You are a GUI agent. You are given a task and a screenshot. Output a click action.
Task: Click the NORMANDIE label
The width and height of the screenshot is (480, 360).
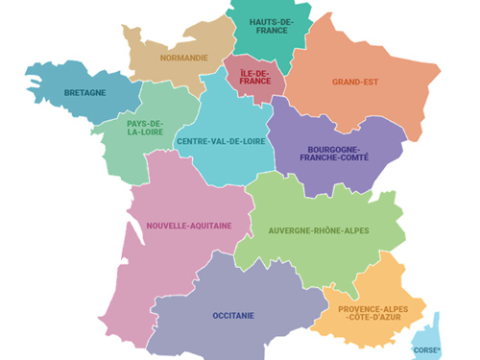(x=183, y=58)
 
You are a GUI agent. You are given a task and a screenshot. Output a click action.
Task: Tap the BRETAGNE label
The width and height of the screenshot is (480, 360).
(x=84, y=93)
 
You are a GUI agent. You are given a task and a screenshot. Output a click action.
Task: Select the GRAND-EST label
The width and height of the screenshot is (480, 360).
(x=356, y=82)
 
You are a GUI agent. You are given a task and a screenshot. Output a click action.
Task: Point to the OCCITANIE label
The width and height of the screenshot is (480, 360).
(x=233, y=315)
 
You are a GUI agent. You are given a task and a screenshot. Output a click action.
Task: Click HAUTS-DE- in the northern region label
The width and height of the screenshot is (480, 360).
(x=272, y=21)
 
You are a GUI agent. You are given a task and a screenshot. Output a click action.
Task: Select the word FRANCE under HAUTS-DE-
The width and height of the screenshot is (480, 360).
(x=272, y=32)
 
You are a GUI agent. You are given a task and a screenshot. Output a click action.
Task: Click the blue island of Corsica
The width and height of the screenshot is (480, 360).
(x=428, y=330)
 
